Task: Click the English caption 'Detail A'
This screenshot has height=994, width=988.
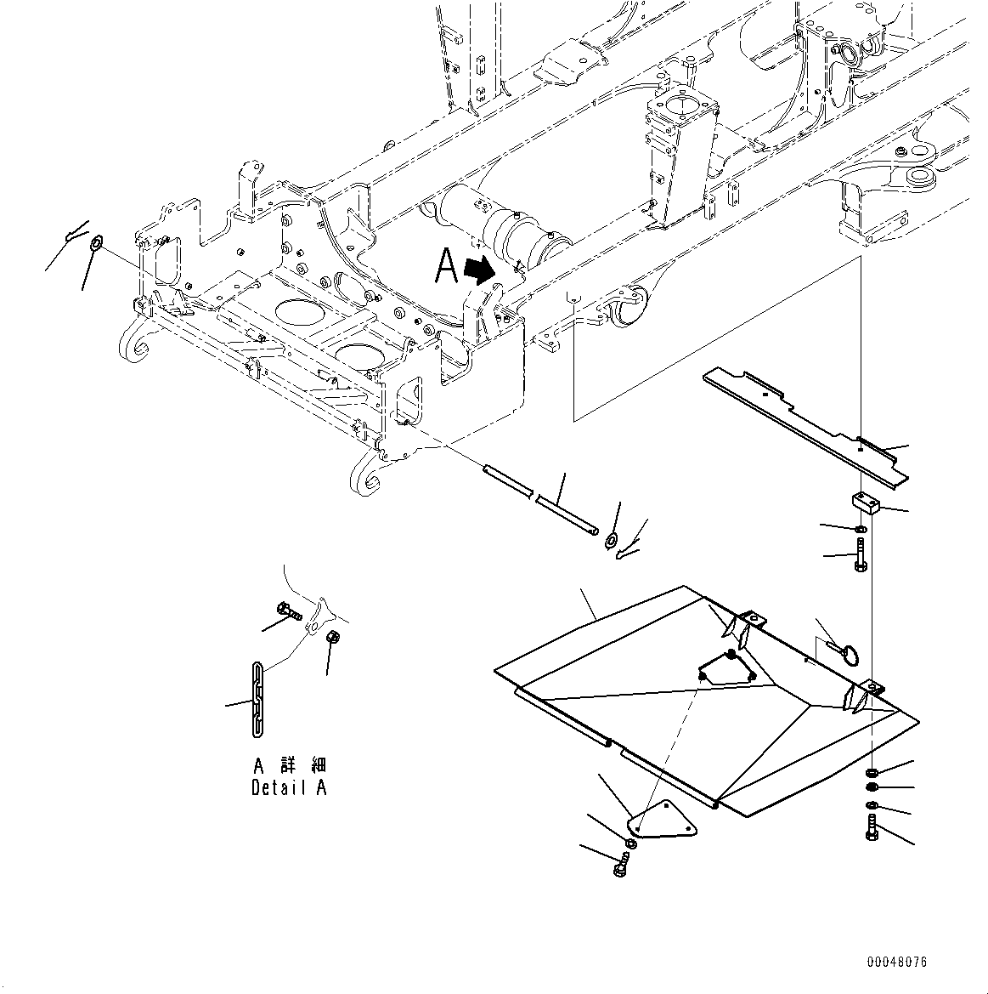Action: [289, 787]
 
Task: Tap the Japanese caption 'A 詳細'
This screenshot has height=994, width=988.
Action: [289, 766]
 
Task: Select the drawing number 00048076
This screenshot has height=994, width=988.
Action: [897, 962]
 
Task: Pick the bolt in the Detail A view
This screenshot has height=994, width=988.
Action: [289, 609]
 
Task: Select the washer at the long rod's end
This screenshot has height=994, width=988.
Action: [612, 540]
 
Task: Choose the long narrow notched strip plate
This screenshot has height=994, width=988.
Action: [803, 424]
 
